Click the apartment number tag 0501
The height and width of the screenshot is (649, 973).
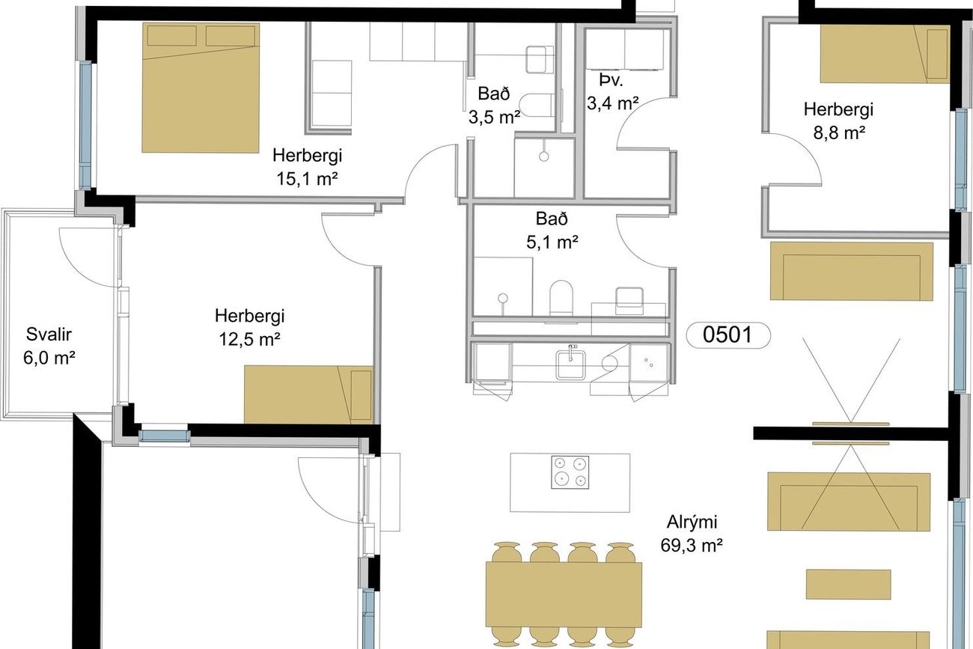tap(728, 335)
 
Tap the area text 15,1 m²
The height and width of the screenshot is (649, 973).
tap(307, 179)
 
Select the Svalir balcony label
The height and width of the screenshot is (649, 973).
tap(49, 335)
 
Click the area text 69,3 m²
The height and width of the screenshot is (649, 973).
tap(692, 545)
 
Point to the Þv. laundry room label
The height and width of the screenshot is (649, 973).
tap(611, 80)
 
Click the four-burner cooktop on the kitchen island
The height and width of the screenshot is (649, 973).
tap(570, 472)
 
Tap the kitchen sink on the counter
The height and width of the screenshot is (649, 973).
tap(571, 365)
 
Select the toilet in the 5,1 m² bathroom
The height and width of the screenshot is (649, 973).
tap(561, 298)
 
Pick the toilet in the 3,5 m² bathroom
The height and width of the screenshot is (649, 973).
tap(537, 105)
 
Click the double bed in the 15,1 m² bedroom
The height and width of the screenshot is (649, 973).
tap(201, 88)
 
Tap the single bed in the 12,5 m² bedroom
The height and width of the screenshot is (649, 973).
tap(308, 394)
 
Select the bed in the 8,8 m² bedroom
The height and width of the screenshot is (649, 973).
tap(885, 53)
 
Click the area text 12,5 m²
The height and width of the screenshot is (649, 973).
tap(249, 339)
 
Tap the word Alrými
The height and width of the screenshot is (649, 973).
tap(692, 522)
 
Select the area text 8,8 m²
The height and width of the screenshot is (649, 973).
tap(838, 132)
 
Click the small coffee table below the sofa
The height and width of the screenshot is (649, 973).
tap(849, 585)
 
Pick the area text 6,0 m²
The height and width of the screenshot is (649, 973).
tap(49, 358)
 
